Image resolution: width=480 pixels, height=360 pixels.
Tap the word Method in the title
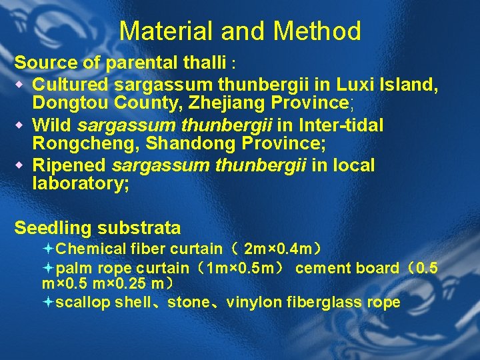(x=316, y=31)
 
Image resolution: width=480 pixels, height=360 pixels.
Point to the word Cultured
(x=71, y=85)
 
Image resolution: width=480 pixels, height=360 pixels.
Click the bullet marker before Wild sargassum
(x=21, y=125)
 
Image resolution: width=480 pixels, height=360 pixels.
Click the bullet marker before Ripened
(x=21, y=165)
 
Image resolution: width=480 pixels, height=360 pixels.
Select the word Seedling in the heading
(x=53, y=228)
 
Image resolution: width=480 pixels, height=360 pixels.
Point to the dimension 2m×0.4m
(x=277, y=249)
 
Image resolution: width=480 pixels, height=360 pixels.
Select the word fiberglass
(x=319, y=303)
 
